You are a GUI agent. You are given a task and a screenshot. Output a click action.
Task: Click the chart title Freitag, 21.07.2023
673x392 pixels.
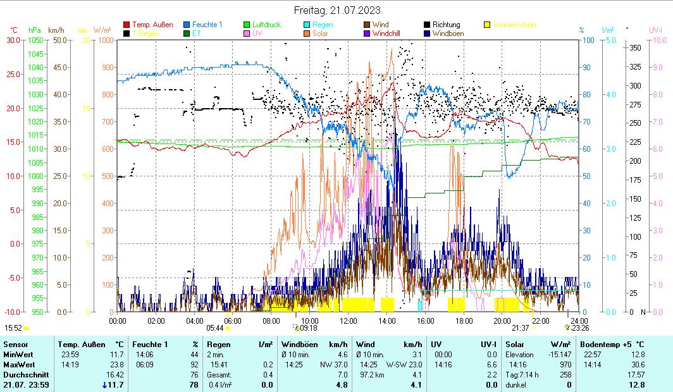click(337, 10)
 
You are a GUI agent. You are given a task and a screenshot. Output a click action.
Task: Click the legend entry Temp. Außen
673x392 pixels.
click(152, 25)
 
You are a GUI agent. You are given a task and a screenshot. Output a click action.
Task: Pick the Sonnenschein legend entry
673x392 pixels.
click(514, 25)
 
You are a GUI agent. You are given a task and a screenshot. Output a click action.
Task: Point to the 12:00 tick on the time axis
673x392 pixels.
click(349, 321)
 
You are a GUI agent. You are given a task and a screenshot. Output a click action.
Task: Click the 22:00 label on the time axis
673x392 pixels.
click(540, 321)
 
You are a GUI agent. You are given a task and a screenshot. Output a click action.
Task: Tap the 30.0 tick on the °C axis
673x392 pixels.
click(13, 40)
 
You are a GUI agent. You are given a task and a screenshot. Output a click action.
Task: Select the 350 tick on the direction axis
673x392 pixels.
click(635, 47)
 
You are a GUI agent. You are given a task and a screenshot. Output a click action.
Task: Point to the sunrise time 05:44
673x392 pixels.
click(216, 328)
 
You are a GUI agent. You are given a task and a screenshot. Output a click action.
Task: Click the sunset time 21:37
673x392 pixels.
click(520, 328)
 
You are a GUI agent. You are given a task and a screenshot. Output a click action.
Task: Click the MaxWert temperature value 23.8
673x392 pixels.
click(117, 364)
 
